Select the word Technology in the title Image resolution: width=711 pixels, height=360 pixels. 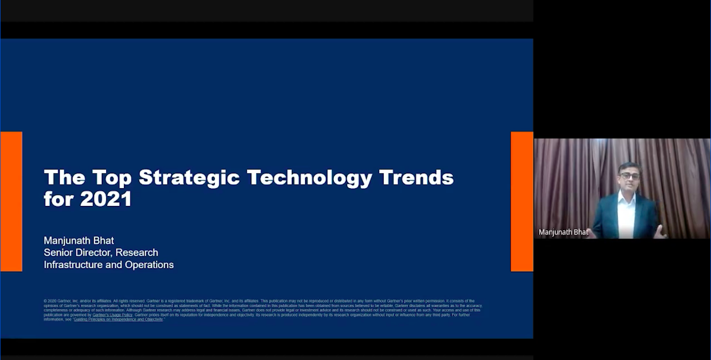click(310, 178)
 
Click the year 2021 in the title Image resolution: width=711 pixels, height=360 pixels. click(106, 199)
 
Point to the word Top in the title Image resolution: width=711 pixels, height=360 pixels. click(112, 178)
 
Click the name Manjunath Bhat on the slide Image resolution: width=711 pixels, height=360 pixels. click(79, 240)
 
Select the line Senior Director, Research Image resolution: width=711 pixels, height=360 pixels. click(101, 252)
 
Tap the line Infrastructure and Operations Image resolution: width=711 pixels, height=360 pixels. click(109, 265)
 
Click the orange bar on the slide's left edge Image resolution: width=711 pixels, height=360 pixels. click(11, 201)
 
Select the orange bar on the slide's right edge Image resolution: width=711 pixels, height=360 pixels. click(521, 201)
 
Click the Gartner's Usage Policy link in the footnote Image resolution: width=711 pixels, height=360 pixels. click(113, 315)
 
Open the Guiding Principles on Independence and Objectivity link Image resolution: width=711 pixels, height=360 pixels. click(118, 320)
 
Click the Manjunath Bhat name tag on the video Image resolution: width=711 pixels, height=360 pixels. click(563, 232)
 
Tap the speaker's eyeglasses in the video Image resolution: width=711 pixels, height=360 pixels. click(630, 176)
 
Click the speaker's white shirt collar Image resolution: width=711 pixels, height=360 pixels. click(627, 195)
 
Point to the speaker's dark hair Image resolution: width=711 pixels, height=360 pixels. click(630, 166)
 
